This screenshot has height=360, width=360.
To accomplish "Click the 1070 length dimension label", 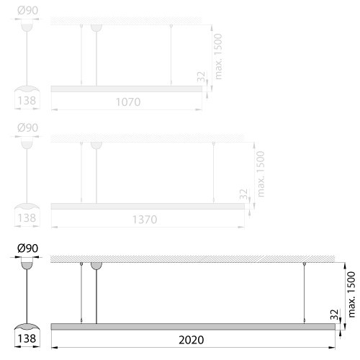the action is pos(128,102).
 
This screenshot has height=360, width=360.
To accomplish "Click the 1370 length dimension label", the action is pos(145,220).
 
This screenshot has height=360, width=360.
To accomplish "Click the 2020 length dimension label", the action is pos(192,340).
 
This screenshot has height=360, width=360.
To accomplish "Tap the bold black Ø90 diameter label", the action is pos(27,248).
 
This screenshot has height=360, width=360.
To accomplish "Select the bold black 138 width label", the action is pos(27,338).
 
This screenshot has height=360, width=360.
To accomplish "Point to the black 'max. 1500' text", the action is pos(351,294).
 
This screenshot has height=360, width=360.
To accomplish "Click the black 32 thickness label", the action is pos(334,315).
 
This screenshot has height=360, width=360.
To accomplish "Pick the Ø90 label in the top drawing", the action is pos(27,10).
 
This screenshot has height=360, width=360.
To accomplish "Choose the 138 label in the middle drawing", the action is pos(27,218).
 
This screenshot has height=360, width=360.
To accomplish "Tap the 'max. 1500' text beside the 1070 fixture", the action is pos(218,56).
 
